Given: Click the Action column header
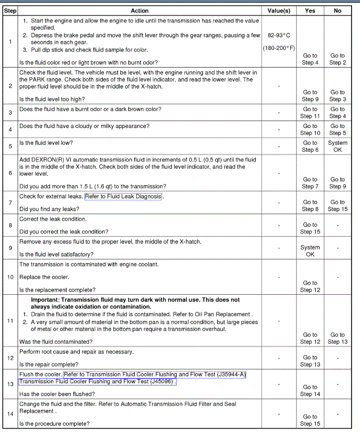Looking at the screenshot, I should point(140,11).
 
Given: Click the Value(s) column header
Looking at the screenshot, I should point(279,11).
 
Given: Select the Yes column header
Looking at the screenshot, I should point(310,11).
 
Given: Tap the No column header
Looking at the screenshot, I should point(338,11).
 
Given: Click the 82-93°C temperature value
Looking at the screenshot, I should point(279,35).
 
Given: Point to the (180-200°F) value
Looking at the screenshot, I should point(279,48).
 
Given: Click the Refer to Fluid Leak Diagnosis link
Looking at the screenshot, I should point(124,196).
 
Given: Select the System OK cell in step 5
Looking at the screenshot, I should point(338,146).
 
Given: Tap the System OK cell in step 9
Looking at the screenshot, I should point(310,251).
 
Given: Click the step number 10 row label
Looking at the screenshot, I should point(11,277).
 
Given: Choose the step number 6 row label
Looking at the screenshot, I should point(11,173).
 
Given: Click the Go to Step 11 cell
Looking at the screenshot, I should point(310,112).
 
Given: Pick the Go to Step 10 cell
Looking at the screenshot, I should point(310,130).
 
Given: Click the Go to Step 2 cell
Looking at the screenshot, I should point(338,59).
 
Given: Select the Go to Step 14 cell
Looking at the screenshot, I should point(310,391).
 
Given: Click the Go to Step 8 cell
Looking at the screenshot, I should point(310,206).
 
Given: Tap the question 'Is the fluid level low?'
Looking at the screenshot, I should point(46,143).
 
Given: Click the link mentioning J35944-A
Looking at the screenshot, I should point(154,374).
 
